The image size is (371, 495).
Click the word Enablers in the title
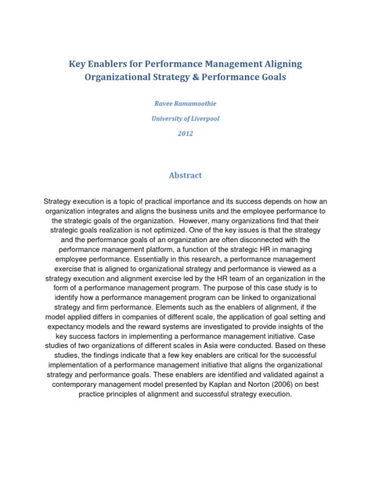108,64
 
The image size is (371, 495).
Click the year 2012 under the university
185,134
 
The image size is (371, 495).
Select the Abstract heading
185,175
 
